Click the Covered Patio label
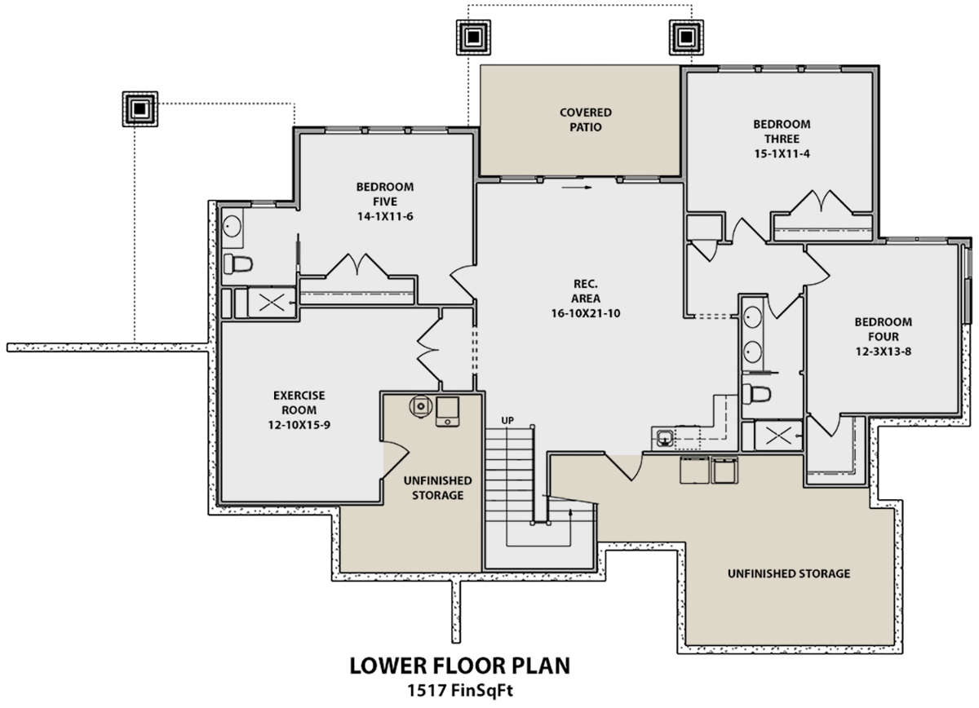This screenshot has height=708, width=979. [585, 119]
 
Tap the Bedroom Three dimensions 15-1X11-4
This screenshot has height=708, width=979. [782, 153]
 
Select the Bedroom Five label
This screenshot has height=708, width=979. [384, 194]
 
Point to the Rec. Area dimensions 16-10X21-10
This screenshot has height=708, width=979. [585, 313]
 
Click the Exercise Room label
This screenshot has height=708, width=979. [299, 402]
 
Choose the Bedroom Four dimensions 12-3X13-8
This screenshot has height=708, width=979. [884, 351]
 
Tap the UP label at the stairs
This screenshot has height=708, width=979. [507, 420]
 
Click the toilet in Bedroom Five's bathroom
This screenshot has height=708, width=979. [237, 263]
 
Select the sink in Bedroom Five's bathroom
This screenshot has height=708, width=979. [232, 227]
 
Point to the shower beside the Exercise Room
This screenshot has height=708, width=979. [272, 302]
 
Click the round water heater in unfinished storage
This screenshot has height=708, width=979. [420, 406]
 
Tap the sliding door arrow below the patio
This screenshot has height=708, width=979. [577, 188]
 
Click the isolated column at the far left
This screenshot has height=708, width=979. [140, 108]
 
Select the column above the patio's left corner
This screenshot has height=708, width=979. [473, 38]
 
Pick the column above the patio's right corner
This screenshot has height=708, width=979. [686, 38]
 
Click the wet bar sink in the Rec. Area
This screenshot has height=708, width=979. [664, 438]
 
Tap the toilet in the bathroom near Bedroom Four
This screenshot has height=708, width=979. [756, 394]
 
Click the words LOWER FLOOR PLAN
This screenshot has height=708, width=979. [460, 666]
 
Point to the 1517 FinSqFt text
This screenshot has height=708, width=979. [460, 691]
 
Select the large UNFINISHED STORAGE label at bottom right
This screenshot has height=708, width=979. [789, 573]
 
